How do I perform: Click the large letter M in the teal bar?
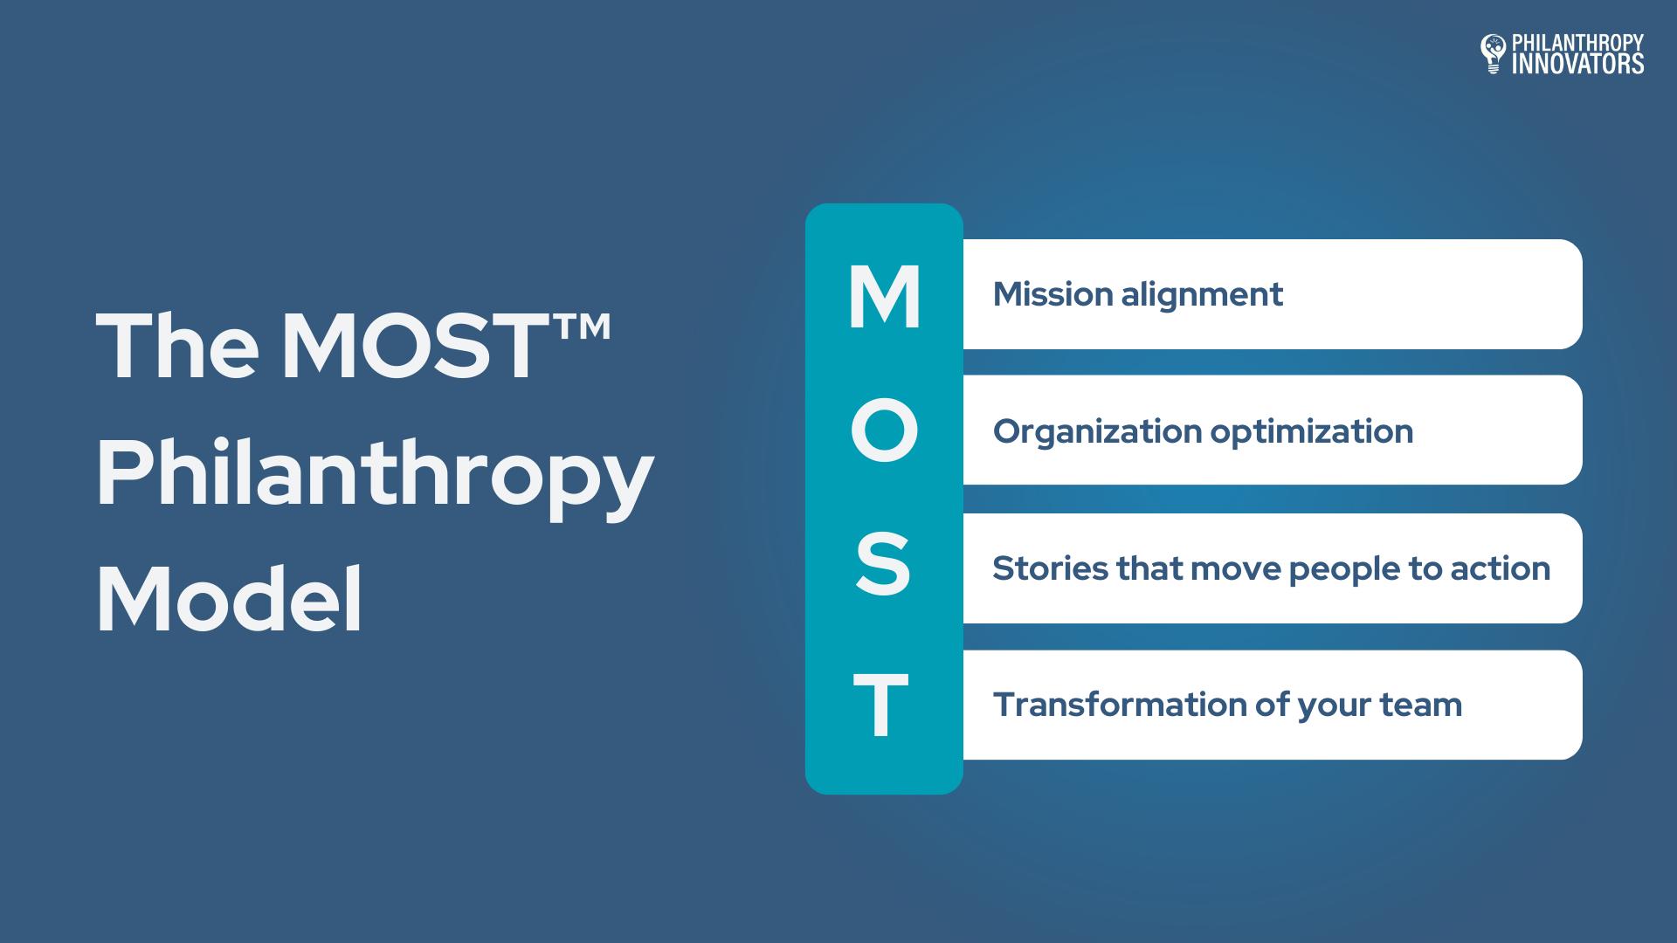pyautogui.click(x=884, y=297)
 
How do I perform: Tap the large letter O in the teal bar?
pyautogui.click(x=884, y=431)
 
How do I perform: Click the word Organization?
pyautogui.click(x=1098, y=432)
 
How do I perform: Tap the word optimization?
pyautogui.click(x=1312, y=432)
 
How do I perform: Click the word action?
pyautogui.click(x=1501, y=569)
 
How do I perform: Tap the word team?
pyautogui.click(x=1421, y=706)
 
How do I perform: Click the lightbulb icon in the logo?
pyautogui.click(x=1493, y=53)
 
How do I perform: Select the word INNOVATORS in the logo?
pyautogui.click(x=1577, y=64)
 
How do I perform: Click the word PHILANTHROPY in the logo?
pyautogui.click(x=1577, y=43)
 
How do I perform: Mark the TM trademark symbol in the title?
pyautogui.click(x=582, y=328)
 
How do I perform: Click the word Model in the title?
pyautogui.click(x=230, y=600)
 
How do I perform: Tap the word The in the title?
pyautogui.click(x=177, y=348)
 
